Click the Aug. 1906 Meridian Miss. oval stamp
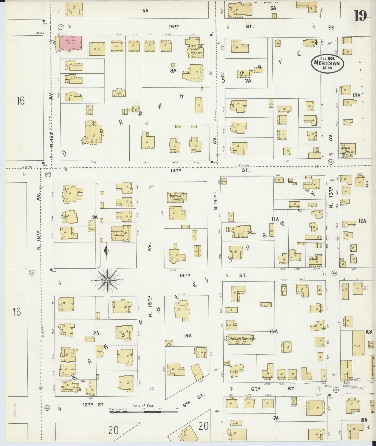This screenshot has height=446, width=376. coord(327,63)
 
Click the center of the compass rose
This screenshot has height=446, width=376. coord(107,280)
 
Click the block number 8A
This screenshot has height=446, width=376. coord(174,70)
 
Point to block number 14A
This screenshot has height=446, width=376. coord(188,336)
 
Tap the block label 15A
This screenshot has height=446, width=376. coord(274,331)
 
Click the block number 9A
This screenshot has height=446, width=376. coord(94,216)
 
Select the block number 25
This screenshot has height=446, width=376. coord(96,333)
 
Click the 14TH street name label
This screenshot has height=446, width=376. coord(176,170)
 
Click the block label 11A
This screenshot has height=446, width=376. coord(275,219)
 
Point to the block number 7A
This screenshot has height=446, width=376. coord(248,81)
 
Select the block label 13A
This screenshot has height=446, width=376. coord(356,95)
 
